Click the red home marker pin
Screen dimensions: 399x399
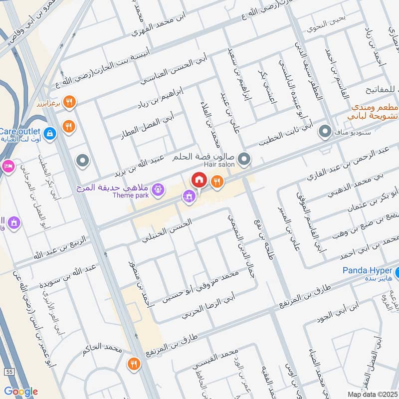pyautogui.click(x=199, y=179)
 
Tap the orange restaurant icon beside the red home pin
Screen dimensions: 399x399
pyautogui.click(x=216, y=182)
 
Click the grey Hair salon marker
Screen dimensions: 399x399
pyautogui.click(x=244, y=160)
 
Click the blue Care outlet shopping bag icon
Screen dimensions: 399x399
pyautogui.click(x=50, y=133)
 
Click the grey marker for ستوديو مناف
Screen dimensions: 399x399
pyautogui.click(x=325, y=132)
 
